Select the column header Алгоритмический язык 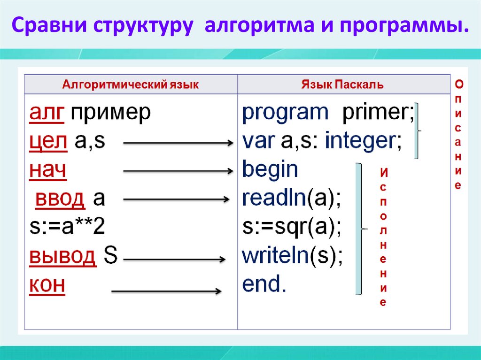pyautogui.click(x=131, y=85)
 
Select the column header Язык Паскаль pyautogui.click(x=342, y=85)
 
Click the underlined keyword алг pyautogui.click(x=47, y=113)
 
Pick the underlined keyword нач pyautogui.click(x=47, y=170)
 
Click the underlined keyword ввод pyautogui.click(x=60, y=199)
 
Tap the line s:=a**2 pyautogui.click(x=67, y=228)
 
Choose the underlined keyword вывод pyautogui.click(x=63, y=257)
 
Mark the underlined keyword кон pyautogui.click(x=47, y=285)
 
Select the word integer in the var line pyautogui.click(x=363, y=141)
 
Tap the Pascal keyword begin pyautogui.click(x=270, y=170)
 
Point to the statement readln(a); pyautogui.click(x=291, y=199)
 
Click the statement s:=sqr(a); pyautogui.click(x=292, y=228)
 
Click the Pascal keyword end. pyautogui.click(x=264, y=285)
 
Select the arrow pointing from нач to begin pyautogui.click(x=178, y=171)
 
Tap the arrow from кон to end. pyautogui.click(x=166, y=291)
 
